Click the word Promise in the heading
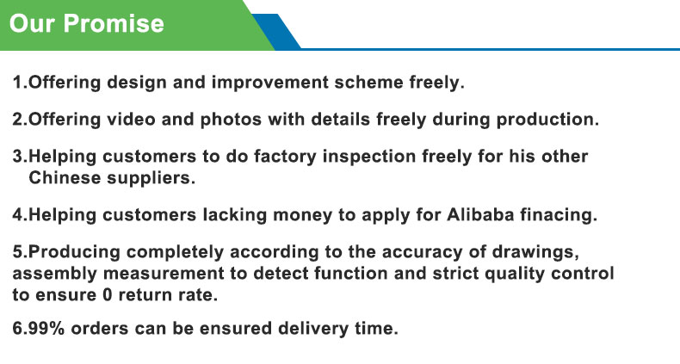pyautogui.click(x=114, y=23)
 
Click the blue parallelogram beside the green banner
pyautogui.click(x=276, y=32)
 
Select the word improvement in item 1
pyautogui.click(x=269, y=83)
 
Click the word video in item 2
pyautogui.click(x=131, y=119)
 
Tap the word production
pyautogui.click(x=547, y=120)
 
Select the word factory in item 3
pyautogui.click(x=285, y=157)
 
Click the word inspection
pyautogui.click(x=369, y=157)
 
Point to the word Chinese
pyautogui.click(x=65, y=177)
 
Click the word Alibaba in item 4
pyautogui.click(x=480, y=215)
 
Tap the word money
pyautogui.click(x=302, y=215)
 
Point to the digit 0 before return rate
pyautogui.click(x=107, y=295)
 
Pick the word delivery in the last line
pyautogui.click(x=313, y=329)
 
